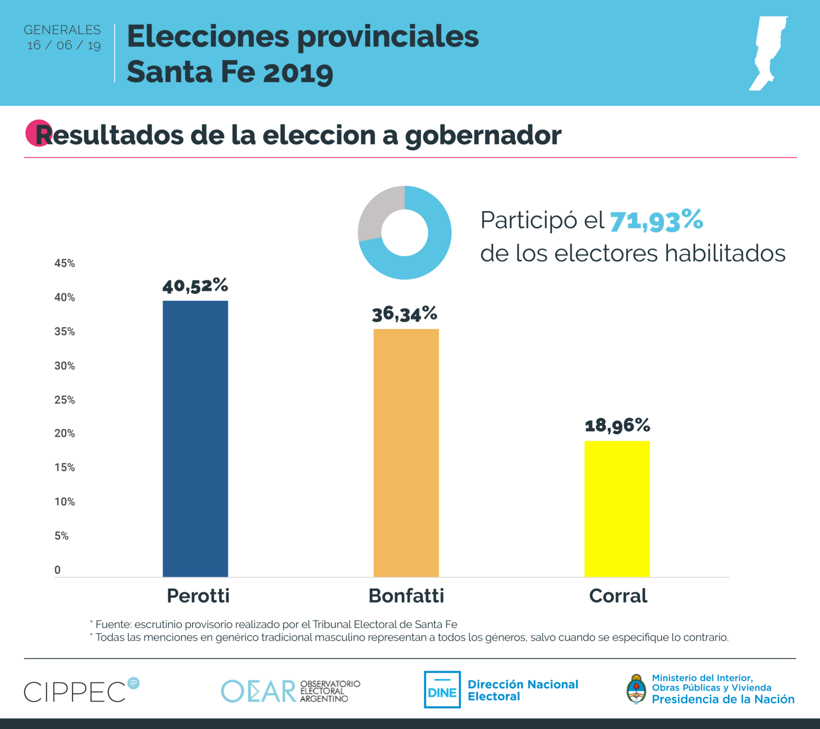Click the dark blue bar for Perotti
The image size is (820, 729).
click(x=195, y=438)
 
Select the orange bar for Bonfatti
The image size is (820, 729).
click(x=406, y=453)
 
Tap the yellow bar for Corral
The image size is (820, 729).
click(x=617, y=509)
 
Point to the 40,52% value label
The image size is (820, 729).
click(x=195, y=285)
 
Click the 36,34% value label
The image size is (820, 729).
click(x=404, y=314)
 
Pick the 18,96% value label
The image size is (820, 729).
click(x=618, y=426)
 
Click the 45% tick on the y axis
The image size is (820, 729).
click(x=65, y=264)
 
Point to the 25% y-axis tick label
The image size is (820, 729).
click(x=65, y=400)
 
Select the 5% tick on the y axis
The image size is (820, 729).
click(x=62, y=536)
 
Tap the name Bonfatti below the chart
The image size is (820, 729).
click(x=406, y=596)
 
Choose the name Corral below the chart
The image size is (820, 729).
click(x=618, y=596)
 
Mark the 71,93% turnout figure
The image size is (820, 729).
click(x=656, y=220)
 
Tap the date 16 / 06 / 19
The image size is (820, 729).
click(x=64, y=45)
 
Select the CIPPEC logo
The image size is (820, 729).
click(x=81, y=691)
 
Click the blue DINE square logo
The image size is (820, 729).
click(x=442, y=690)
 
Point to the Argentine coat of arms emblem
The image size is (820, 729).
click(x=636, y=689)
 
